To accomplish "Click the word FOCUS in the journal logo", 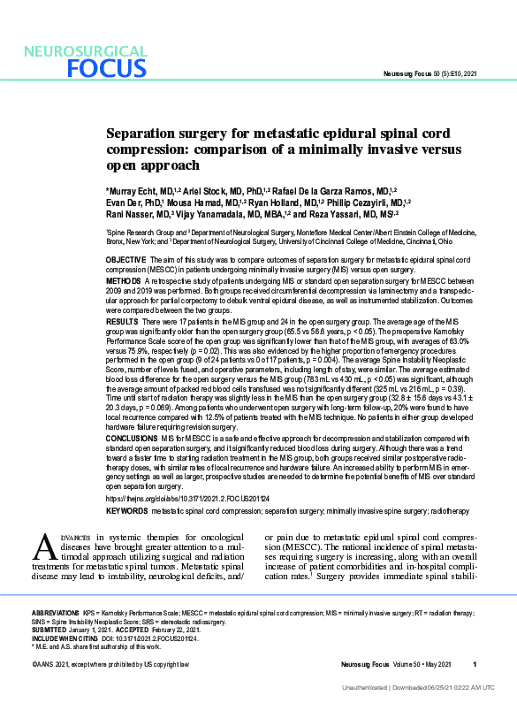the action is coord(104,69).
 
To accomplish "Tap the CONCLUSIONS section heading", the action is coord(133,438).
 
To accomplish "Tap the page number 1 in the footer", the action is coord(475,664).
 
